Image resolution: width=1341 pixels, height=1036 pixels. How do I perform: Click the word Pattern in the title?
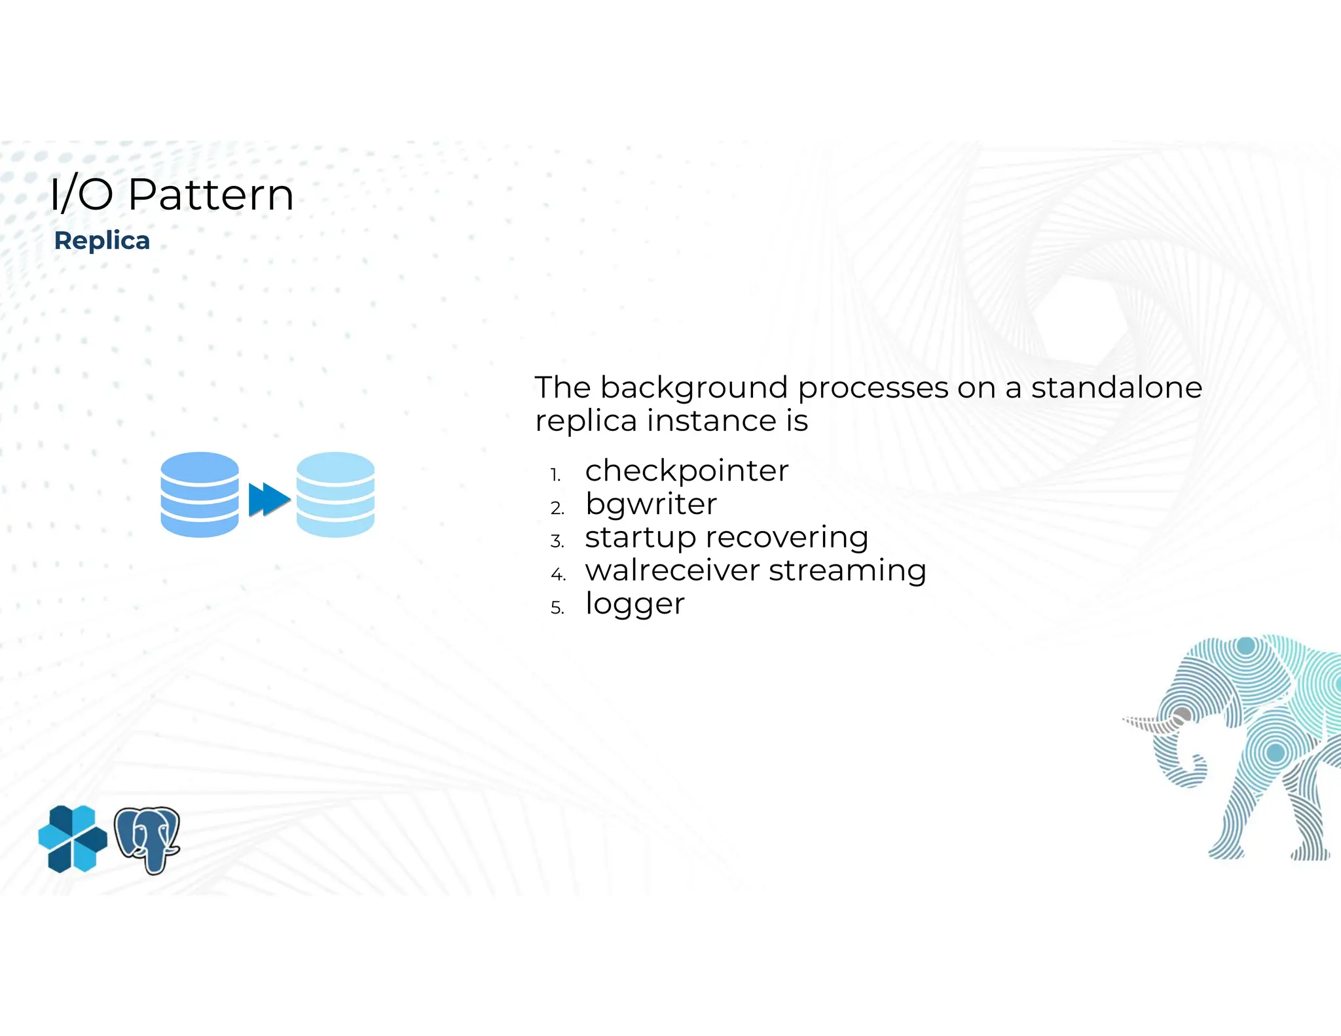point(211,195)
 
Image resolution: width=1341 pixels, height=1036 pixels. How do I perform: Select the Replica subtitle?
point(102,241)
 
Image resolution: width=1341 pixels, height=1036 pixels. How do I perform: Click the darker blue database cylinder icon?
point(200,494)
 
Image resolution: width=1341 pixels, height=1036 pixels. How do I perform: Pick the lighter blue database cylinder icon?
point(335,494)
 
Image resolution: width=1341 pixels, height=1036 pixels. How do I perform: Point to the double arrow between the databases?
point(269,500)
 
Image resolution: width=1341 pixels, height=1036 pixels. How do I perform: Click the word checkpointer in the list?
point(687,471)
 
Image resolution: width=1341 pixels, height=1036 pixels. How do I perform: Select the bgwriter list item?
point(651,505)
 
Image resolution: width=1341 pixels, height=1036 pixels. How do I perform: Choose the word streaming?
point(847,571)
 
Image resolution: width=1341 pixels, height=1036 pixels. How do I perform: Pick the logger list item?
point(634,604)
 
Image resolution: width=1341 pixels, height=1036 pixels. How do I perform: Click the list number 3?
point(557,542)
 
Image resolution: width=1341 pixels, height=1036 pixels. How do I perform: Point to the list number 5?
point(557,608)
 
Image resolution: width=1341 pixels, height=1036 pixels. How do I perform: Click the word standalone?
point(1116,388)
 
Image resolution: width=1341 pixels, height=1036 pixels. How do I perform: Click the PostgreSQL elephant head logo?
point(147,840)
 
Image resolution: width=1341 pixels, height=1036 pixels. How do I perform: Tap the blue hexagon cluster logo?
point(73,839)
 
